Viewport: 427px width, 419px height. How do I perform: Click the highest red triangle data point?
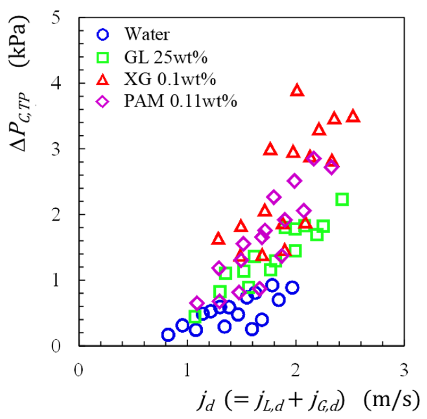[x=297, y=91]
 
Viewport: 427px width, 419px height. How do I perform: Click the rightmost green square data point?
[x=342, y=200]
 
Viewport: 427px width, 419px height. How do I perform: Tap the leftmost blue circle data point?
[x=168, y=335]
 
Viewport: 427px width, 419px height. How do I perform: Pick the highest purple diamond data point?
[x=314, y=159]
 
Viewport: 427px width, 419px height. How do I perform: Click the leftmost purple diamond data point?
[x=197, y=303]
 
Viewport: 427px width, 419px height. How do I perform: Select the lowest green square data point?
[x=195, y=316]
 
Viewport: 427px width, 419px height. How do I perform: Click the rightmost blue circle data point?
[x=292, y=288]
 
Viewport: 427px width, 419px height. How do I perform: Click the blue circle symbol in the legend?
[x=103, y=35]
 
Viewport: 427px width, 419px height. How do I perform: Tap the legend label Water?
[x=147, y=35]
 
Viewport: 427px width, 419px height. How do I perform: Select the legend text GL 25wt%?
[x=166, y=57]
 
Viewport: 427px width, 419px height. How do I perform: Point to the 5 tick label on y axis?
[x=56, y=18]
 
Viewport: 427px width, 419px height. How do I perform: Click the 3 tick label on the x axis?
[x=404, y=370]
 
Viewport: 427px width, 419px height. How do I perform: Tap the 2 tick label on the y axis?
[x=56, y=215]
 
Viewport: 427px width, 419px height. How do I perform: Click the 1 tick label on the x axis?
[x=187, y=370]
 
